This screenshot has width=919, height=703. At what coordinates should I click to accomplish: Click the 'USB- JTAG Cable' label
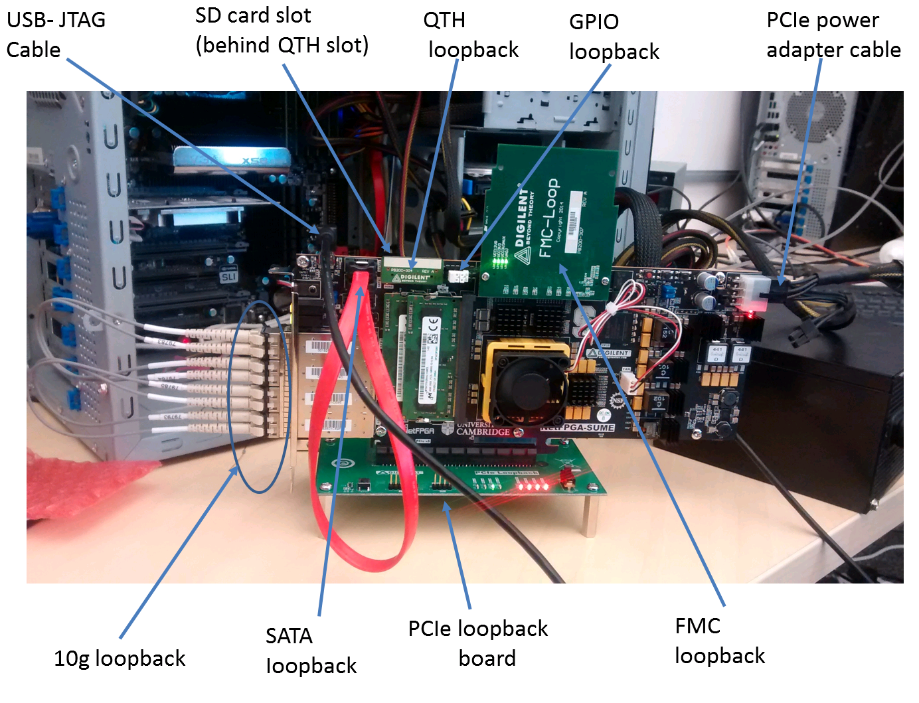pos(56,35)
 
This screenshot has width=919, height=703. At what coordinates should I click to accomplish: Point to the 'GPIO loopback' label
pos(614,37)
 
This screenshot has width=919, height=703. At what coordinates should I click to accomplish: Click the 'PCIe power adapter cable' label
pos(833,35)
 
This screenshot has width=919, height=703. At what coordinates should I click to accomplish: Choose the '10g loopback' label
pos(120,658)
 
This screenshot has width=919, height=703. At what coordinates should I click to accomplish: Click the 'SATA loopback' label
pos(311,651)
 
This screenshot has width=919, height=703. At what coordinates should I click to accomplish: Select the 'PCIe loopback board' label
pos(478,643)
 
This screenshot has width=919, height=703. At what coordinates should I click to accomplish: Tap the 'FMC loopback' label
pos(719,641)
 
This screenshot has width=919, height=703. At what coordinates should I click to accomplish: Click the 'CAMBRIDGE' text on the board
pos(483,431)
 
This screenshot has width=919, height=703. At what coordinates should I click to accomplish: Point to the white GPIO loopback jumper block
pos(459,275)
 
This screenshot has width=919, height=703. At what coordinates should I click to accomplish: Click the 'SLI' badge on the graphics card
pos(228,276)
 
